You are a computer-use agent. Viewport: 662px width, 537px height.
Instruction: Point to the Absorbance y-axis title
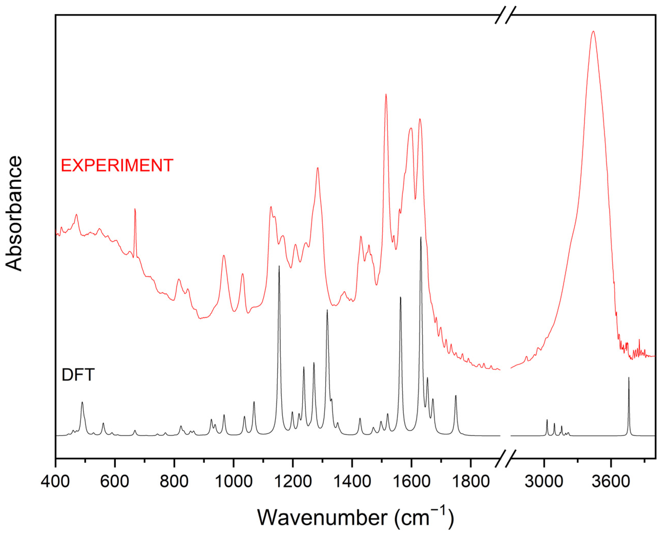click(14, 214)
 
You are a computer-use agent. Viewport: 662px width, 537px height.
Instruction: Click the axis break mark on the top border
click(505, 15)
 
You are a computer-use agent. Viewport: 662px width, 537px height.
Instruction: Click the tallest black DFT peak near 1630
click(421, 238)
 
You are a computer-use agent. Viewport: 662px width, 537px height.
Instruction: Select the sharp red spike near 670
click(135, 209)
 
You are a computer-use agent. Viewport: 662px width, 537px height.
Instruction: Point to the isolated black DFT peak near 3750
click(628, 378)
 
